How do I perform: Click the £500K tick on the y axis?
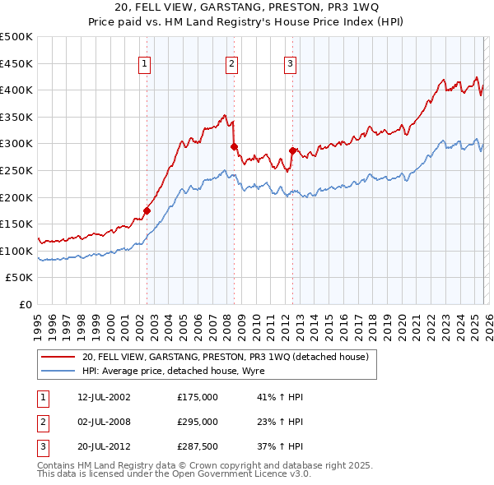pos(17,37)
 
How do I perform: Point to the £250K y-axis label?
pos(17,170)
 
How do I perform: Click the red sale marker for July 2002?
pos(147,210)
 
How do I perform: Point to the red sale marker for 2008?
pos(234,146)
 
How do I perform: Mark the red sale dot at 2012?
pos(292,150)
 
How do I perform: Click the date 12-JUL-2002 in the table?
pos(104,397)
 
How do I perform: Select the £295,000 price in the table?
pos(198,422)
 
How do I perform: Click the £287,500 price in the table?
pos(198,448)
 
